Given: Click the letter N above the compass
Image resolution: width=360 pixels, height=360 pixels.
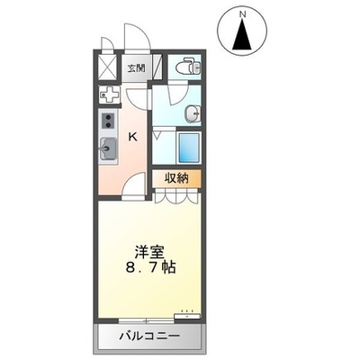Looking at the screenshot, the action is tap(242, 13).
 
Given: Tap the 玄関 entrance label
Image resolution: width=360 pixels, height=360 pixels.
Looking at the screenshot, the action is tap(137, 68).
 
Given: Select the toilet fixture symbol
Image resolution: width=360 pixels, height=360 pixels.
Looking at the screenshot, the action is tap(188, 66).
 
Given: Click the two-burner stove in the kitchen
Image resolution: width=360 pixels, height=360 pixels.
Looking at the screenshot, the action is tap(108, 121).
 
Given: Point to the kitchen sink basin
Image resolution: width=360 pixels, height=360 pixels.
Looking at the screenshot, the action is tap(108, 148).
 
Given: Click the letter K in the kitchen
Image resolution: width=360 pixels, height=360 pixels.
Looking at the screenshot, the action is tap(132, 138).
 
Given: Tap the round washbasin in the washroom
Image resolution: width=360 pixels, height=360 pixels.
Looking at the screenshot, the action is tap(193, 113).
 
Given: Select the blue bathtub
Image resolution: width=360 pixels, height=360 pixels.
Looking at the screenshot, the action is tap(189, 148).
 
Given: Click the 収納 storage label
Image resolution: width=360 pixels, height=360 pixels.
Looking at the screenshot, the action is tap(176, 179).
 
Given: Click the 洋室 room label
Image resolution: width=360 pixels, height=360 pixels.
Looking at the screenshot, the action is tap(149, 253).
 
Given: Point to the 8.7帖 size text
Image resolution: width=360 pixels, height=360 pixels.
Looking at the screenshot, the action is tap(151, 266).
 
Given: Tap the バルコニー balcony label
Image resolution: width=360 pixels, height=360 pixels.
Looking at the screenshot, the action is tap(150, 336).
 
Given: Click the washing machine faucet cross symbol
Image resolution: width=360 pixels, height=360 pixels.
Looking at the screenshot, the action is tap(110, 94).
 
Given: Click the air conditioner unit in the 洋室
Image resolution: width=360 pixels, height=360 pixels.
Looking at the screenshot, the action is tap(187, 316).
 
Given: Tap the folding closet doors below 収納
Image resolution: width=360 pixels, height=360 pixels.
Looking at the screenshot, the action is tap(176, 197).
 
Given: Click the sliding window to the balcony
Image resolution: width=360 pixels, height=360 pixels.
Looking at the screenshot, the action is tap(147, 321).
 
